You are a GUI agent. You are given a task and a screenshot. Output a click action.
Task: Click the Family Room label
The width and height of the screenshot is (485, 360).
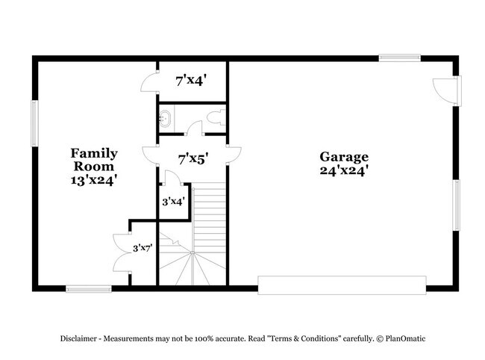(x=94, y=160)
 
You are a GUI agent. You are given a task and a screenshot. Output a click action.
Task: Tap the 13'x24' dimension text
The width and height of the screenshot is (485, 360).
(x=94, y=179)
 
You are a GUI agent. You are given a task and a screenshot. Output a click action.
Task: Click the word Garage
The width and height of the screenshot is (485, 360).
(x=344, y=157)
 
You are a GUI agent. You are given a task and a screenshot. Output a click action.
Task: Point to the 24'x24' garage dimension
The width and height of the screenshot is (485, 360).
(x=344, y=170)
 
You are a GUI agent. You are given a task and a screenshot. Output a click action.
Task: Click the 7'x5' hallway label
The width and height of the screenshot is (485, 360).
(x=193, y=158)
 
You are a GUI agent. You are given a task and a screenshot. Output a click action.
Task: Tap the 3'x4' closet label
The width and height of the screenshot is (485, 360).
(x=173, y=201)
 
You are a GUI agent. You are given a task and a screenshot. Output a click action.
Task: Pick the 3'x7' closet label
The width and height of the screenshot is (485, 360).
(x=143, y=247)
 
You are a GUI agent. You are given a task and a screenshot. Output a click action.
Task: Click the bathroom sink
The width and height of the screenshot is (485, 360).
(x=166, y=118)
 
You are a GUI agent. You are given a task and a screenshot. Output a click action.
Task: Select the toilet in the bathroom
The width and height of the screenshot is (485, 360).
(x=216, y=117)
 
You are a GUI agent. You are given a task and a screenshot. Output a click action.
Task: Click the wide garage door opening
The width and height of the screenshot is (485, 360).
(x=342, y=285)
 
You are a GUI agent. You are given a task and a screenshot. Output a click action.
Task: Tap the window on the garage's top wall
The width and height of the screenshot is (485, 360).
(x=399, y=58)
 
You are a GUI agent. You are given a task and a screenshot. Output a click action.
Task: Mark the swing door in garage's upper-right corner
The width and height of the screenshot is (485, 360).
(x=446, y=90)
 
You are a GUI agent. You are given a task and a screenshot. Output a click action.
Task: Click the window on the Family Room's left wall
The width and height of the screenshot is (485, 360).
(x=34, y=123)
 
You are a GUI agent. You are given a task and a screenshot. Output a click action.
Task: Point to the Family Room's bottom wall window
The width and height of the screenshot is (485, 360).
(x=89, y=288)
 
